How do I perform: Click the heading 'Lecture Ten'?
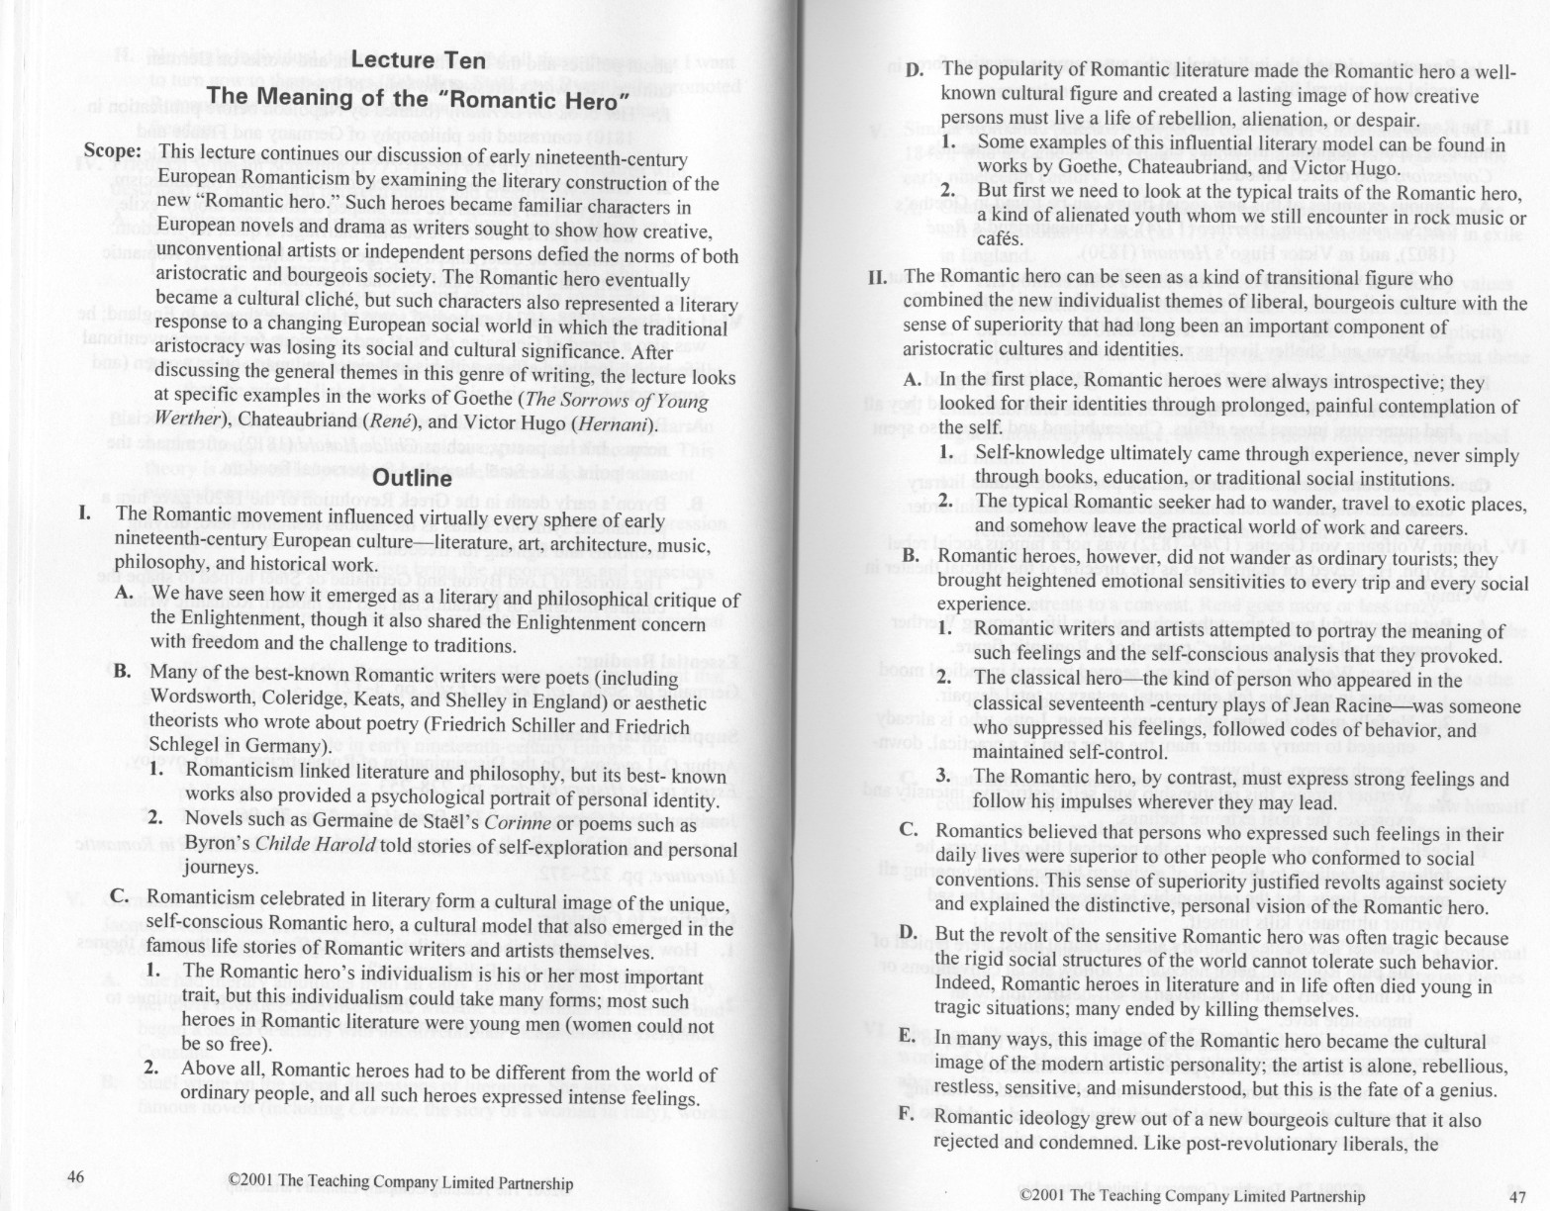419,60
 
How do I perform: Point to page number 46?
76,1175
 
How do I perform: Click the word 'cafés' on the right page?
1000,238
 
